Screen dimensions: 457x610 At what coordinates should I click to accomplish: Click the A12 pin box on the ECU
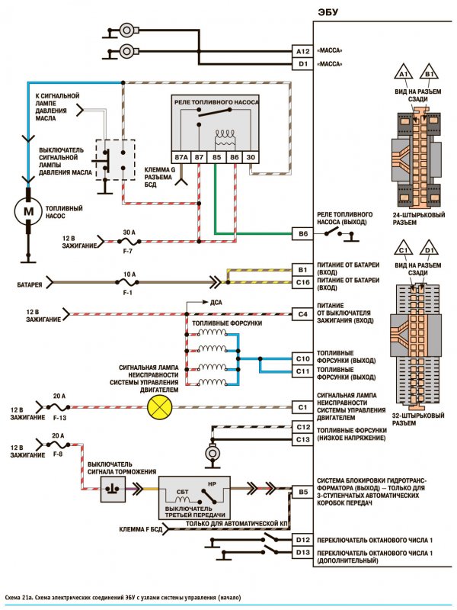click(x=302, y=51)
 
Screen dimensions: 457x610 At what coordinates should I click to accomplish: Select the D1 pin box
click(x=302, y=64)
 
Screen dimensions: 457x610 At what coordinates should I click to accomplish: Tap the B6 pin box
click(x=302, y=234)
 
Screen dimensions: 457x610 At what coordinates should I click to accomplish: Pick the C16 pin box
click(x=302, y=282)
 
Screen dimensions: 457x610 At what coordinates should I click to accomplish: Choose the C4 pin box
click(x=302, y=314)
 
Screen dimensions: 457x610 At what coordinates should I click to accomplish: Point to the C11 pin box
click(x=302, y=371)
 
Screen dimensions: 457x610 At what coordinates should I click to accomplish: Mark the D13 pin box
click(x=302, y=552)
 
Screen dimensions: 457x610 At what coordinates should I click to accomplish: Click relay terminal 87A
click(x=181, y=157)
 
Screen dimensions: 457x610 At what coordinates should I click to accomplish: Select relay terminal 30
click(x=251, y=157)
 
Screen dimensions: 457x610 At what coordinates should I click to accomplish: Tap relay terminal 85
click(x=216, y=157)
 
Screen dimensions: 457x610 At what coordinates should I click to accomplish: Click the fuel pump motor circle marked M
click(x=28, y=211)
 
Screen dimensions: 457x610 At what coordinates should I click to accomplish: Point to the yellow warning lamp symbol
click(x=159, y=407)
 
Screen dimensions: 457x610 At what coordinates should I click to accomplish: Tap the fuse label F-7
click(x=128, y=252)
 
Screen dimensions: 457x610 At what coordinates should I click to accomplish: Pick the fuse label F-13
click(x=59, y=418)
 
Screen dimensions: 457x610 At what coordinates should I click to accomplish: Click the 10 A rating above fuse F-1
click(x=129, y=274)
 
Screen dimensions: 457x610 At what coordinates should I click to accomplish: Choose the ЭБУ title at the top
click(x=328, y=12)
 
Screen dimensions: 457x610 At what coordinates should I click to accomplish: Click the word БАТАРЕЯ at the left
click(x=30, y=284)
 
